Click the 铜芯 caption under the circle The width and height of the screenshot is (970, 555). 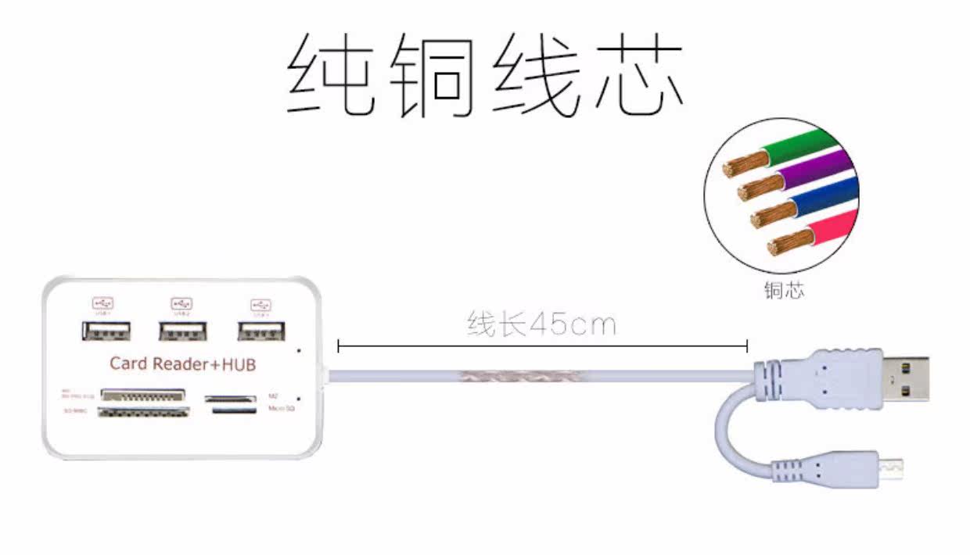[784, 291]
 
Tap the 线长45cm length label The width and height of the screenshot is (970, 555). [541, 324]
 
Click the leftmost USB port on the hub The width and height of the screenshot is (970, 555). [106, 331]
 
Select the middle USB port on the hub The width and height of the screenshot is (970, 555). [183, 331]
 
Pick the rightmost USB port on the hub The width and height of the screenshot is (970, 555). [260, 331]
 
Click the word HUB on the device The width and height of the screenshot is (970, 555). [239, 364]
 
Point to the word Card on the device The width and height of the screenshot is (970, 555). [128, 363]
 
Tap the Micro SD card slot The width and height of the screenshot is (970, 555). [233, 410]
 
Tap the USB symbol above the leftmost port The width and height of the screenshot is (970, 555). [103, 303]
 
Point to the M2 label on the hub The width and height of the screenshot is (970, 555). [273, 396]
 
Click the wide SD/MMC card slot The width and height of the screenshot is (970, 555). [144, 411]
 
